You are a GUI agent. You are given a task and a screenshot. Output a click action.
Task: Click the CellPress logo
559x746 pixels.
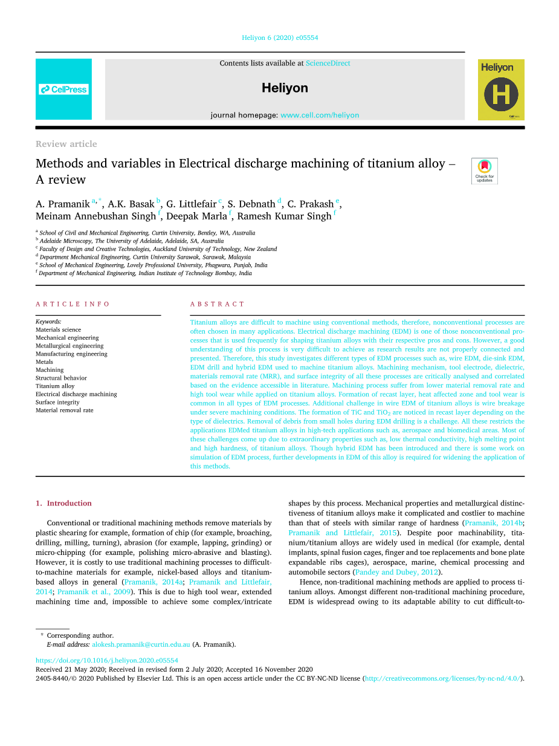pyautogui.click(x=63, y=89)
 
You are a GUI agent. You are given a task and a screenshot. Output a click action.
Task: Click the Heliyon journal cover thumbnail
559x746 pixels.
pyautogui.click(x=501, y=89)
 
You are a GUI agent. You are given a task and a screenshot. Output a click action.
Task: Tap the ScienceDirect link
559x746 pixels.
pyautogui.click(x=328, y=63)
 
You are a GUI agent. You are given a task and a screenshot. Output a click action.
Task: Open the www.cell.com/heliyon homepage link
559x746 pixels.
pyautogui.click(x=320, y=115)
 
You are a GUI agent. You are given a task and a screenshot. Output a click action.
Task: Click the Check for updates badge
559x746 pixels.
pyautogui.click(x=484, y=170)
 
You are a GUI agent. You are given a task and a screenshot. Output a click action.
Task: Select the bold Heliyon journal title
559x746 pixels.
pyautogui.click(x=285, y=88)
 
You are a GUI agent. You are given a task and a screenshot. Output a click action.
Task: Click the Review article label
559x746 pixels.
pyautogui.click(x=66, y=144)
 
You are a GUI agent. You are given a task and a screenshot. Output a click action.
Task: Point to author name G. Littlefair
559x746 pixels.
pyautogui.click(x=191, y=204)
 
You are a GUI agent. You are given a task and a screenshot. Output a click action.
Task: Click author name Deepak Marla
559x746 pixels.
pyautogui.click(x=196, y=216)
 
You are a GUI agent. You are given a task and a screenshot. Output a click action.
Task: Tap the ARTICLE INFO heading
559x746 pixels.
pyautogui.click(x=73, y=304)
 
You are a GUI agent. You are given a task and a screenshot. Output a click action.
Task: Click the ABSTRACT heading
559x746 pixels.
pyautogui.click(x=218, y=304)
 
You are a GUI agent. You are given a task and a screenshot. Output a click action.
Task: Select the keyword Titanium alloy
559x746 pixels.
pyautogui.click(x=55, y=386)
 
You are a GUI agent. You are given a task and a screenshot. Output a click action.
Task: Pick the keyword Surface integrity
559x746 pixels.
pyautogui.click(x=57, y=402)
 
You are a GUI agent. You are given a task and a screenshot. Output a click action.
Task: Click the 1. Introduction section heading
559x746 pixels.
pyautogui.click(x=63, y=503)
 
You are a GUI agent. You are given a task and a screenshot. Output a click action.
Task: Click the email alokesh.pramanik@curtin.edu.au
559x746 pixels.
pyautogui.click(x=141, y=644)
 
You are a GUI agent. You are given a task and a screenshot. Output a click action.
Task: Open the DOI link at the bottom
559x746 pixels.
pyautogui.click(x=107, y=661)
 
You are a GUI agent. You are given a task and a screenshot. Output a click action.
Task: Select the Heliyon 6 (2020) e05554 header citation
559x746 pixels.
pyautogui.click(x=280, y=37)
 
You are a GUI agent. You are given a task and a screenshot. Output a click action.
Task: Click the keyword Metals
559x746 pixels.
pyautogui.click(x=44, y=362)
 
